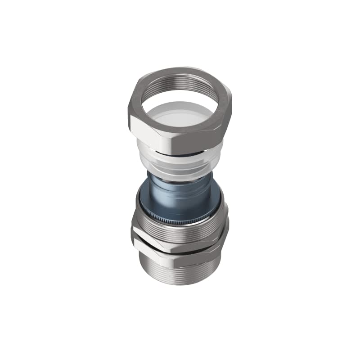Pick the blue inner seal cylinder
click(180, 198)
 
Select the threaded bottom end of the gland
click(180, 270)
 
